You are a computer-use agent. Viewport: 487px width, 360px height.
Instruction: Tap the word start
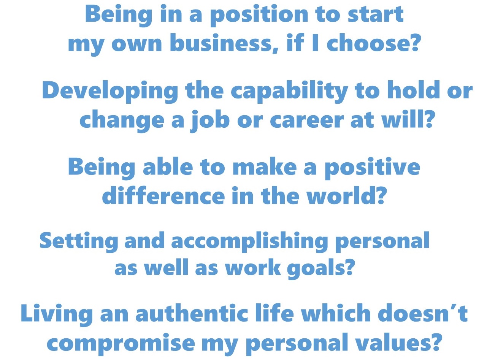click(x=376, y=14)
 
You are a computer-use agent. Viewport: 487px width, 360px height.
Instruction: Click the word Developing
click(x=110, y=92)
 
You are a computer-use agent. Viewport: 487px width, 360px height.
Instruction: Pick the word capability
click(x=289, y=92)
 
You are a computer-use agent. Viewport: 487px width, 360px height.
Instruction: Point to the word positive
click(x=372, y=168)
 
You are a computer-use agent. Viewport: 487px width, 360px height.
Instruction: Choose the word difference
click(x=163, y=195)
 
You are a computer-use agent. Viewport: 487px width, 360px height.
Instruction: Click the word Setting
click(x=79, y=241)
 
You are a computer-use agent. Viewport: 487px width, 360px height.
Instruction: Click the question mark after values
click(x=434, y=341)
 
